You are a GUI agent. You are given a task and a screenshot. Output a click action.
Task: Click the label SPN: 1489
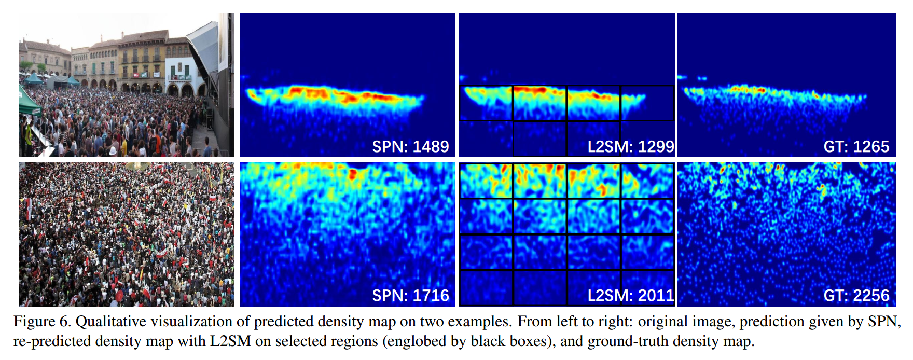410,147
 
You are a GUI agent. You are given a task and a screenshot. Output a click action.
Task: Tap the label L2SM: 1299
630,147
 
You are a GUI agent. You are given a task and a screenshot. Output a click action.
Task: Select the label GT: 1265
856,147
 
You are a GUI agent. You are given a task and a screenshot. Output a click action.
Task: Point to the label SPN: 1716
410,296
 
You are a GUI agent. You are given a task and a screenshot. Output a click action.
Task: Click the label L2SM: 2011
630,296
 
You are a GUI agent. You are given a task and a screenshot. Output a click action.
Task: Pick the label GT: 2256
856,296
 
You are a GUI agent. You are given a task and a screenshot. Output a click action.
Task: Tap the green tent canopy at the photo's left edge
28,101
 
